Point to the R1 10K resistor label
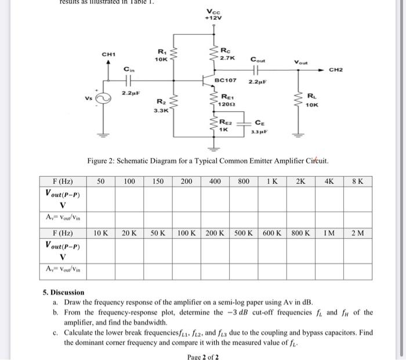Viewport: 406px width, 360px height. pos(161,56)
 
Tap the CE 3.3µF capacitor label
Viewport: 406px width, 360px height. pos(258,127)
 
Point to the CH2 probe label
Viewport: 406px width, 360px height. pos(336,70)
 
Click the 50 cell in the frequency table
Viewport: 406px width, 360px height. pos(100,181)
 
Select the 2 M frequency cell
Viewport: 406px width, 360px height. pos(357,234)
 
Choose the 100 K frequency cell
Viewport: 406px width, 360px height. pos(187,234)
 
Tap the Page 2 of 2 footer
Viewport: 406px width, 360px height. pos(202,356)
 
